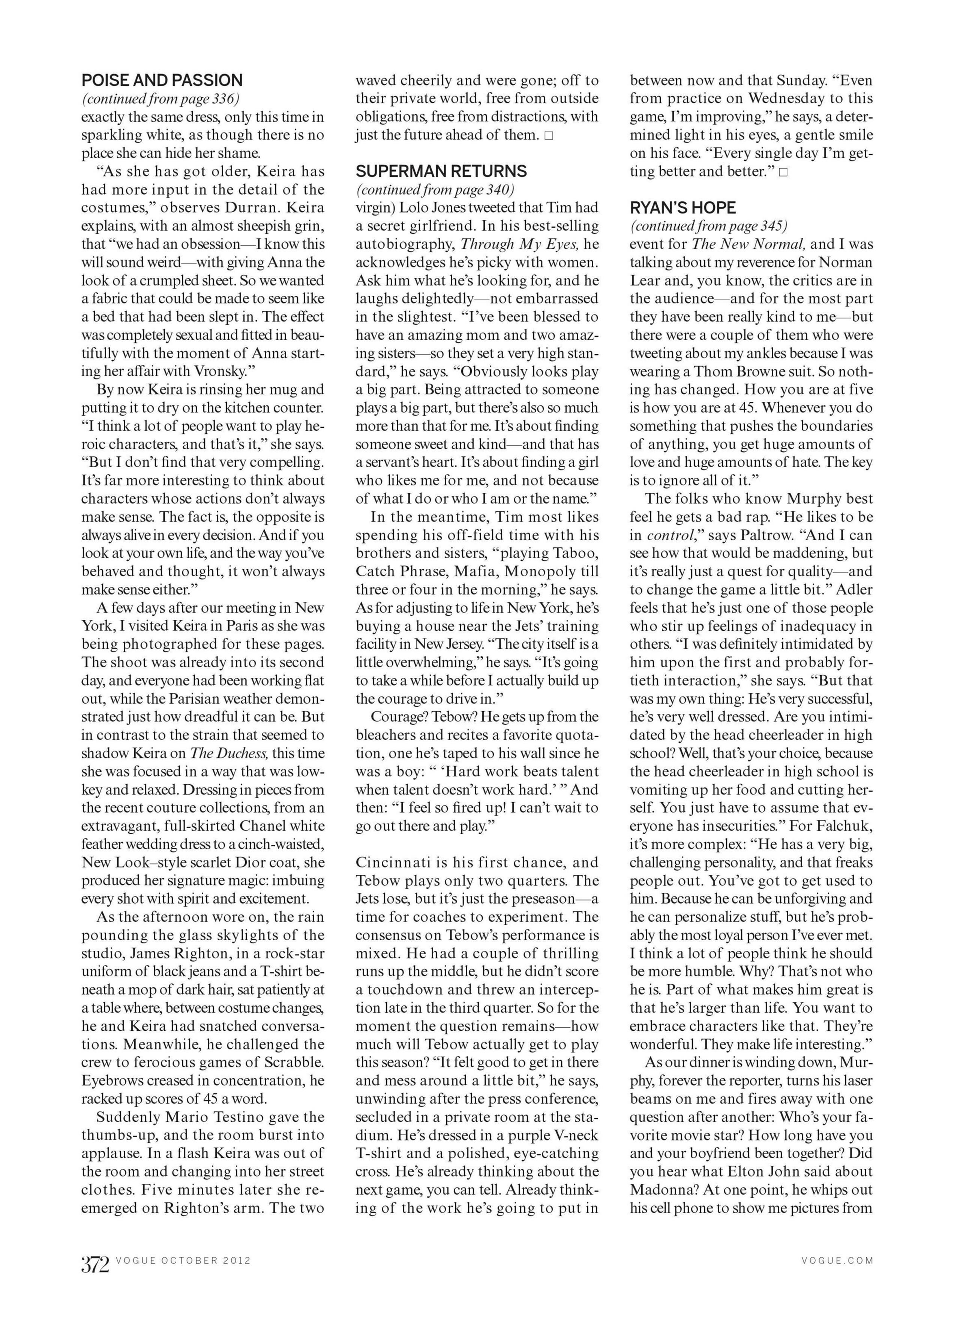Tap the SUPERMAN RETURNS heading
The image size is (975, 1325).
(x=441, y=171)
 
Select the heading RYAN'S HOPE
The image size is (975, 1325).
(x=683, y=208)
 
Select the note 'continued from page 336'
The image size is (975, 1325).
(x=160, y=99)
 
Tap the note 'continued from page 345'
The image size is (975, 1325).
(x=708, y=226)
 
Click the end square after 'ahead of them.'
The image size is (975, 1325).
(x=549, y=136)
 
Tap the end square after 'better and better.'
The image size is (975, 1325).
(x=783, y=172)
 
